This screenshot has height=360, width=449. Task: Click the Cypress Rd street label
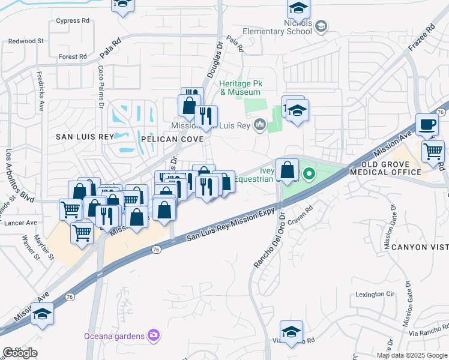click(x=73, y=20)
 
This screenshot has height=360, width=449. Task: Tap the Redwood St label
click(x=26, y=41)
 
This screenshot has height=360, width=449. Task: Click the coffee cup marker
click(x=427, y=124)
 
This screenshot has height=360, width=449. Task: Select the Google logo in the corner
click(x=20, y=353)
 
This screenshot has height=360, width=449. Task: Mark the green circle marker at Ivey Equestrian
click(x=309, y=175)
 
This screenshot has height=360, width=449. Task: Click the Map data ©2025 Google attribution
click(x=412, y=355)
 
